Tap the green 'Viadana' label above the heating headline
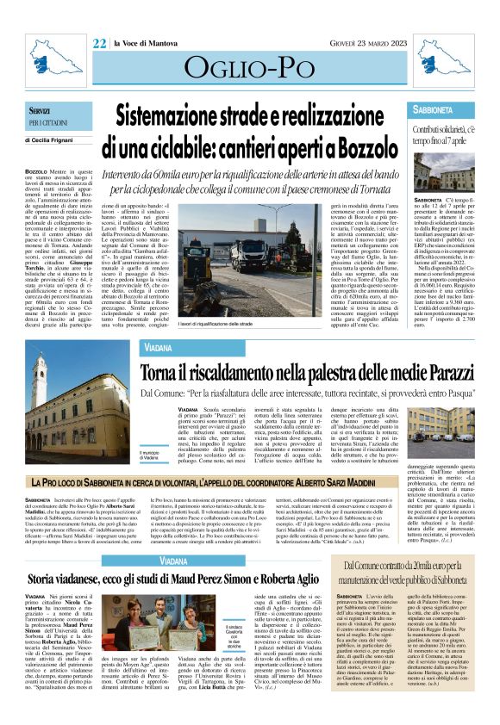tap(159, 347)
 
